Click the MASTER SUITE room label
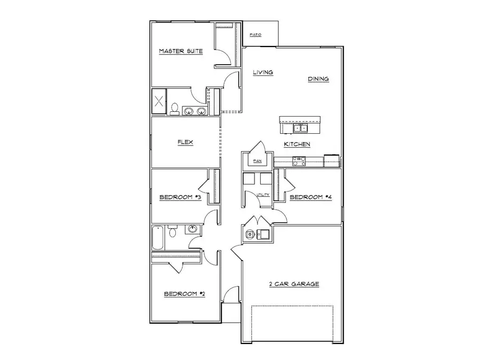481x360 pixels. (181, 51)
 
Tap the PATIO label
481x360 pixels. (255, 35)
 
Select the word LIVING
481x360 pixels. (263, 72)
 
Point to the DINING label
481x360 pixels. (318, 79)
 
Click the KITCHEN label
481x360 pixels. (297, 144)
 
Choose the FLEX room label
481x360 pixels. (185, 142)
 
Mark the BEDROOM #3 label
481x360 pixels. (180, 197)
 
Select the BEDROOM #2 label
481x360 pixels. (184, 294)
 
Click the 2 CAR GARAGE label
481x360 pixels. (293, 284)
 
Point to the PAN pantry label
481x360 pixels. (257, 160)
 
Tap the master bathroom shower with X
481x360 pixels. (159, 102)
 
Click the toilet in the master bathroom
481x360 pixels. (174, 109)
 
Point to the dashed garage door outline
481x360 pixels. (292, 324)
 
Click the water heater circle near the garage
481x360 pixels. (250, 234)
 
